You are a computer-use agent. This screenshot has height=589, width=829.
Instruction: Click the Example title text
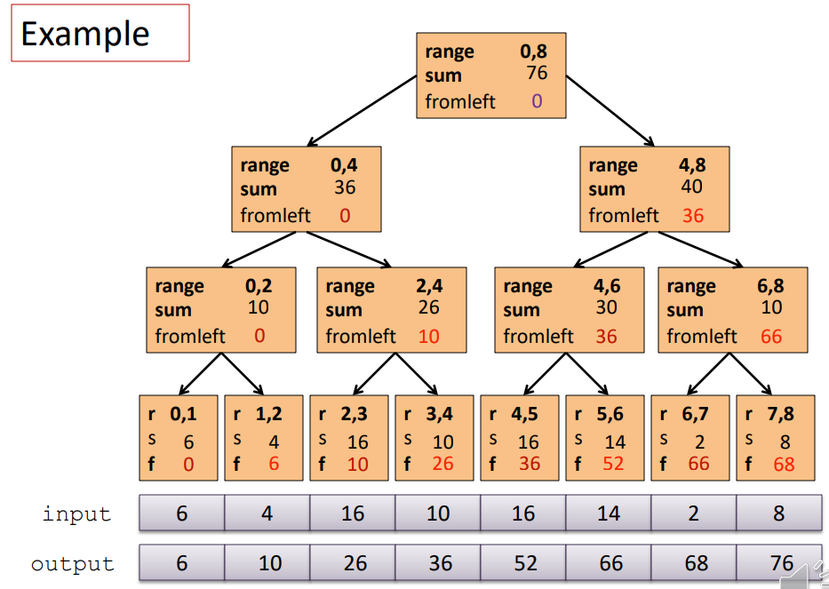click(85, 34)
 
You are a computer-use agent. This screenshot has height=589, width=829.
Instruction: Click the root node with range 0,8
click(491, 76)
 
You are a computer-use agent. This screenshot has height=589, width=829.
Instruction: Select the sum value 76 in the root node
click(536, 73)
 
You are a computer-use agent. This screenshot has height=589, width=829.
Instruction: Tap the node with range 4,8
click(655, 189)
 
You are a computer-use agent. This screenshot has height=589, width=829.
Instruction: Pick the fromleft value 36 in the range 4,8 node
click(693, 215)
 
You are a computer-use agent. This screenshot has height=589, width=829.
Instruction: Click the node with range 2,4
click(392, 310)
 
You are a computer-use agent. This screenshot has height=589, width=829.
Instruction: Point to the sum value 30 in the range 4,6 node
click(607, 307)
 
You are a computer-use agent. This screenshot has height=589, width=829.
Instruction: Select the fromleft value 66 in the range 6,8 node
click(771, 336)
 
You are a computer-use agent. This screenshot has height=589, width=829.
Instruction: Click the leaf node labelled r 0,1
click(179, 437)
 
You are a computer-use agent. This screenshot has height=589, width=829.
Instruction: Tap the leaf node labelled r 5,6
click(605, 437)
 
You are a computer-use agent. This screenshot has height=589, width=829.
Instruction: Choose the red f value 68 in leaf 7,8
click(784, 464)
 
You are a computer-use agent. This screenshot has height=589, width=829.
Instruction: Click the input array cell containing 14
click(608, 513)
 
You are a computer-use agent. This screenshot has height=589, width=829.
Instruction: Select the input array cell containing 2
click(693, 513)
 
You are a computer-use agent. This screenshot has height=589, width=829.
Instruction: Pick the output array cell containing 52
click(522, 563)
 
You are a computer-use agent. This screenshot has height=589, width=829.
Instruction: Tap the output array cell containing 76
click(778, 563)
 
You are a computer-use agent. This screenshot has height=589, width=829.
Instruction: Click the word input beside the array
click(77, 513)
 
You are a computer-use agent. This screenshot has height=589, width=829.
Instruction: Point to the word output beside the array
click(73, 563)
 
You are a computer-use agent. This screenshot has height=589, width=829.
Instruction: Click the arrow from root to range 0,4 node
click(363, 110)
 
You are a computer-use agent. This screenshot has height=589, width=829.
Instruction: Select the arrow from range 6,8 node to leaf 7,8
click(752, 374)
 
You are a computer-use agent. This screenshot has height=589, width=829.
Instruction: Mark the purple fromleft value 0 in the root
click(537, 101)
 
